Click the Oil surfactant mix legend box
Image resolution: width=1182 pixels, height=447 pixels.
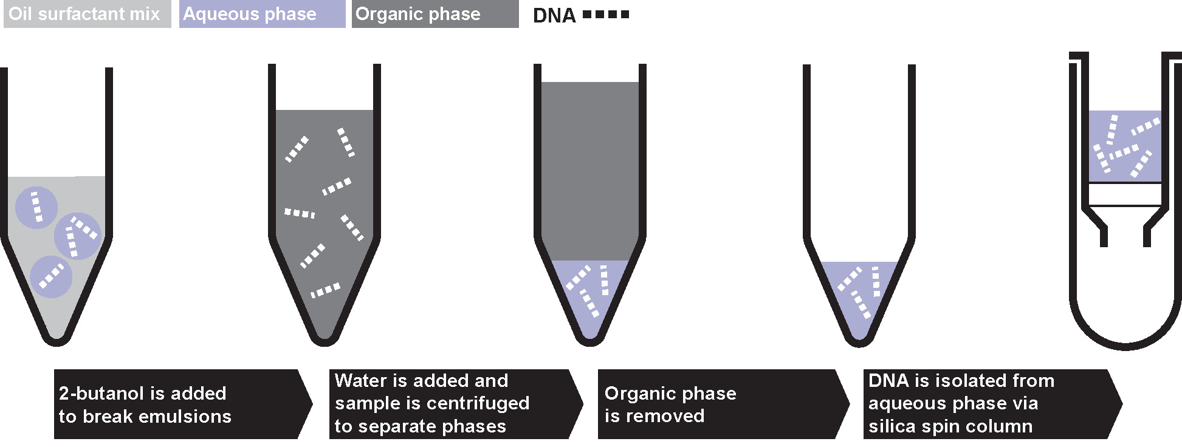(x=87, y=14)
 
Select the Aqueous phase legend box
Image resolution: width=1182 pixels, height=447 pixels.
(x=262, y=14)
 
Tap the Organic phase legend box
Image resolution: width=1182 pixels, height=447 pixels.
(x=435, y=14)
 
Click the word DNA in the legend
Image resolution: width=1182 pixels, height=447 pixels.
(x=554, y=16)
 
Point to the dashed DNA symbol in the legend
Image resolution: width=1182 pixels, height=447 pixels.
(x=606, y=15)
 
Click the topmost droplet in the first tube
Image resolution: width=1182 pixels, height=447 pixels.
(x=36, y=207)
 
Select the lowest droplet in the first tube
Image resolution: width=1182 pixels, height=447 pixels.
(x=51, y=277)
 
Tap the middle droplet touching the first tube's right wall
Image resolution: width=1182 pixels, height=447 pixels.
(x=78, y=236)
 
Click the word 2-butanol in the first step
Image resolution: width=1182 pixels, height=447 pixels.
(x=94, y=394)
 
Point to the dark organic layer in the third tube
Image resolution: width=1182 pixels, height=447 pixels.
(x=589, y=170)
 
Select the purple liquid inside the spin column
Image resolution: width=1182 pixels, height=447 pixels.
(x=1124, y=146)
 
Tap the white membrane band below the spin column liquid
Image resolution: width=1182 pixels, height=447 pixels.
(x=1124, y=194)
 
